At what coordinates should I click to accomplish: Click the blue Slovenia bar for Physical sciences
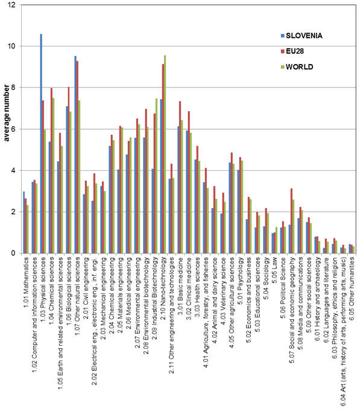tap(41, 144)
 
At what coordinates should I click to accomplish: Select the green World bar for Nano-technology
tap(165, 154)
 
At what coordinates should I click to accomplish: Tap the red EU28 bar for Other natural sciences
tap(77, 157)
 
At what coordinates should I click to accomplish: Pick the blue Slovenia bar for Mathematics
tap(24, 222)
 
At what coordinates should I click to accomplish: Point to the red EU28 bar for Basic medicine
tap(180, 177)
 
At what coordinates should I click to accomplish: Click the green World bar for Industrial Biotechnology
tap(157, 176)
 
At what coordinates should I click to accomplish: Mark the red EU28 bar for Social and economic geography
tap(291, 221)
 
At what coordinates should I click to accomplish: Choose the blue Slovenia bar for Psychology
tap(238, 211)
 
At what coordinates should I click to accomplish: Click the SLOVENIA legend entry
tap(302, 36)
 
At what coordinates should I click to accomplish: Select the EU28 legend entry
tap(292, 51)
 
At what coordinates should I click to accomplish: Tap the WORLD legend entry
tap(297, 67)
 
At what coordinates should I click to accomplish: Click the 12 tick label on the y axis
tap(11, 5)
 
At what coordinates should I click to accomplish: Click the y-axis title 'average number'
tap(7, 113)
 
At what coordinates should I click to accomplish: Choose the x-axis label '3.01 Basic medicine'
tap(180, 287)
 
